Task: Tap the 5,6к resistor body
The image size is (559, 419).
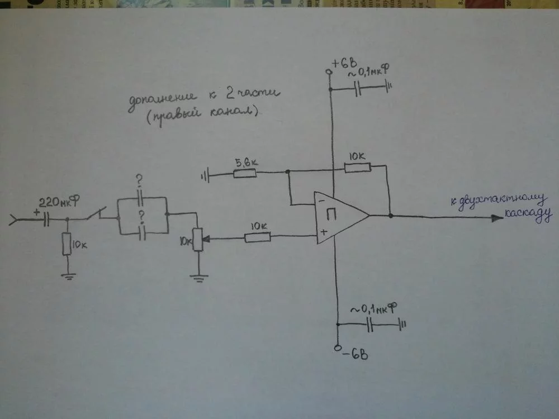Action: (244, 173)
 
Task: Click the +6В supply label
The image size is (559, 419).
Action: (343, 64)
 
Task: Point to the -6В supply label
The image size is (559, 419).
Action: (355, 353)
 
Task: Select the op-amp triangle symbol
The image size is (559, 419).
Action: (338, 216)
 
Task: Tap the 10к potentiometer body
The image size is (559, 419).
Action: (197, 239)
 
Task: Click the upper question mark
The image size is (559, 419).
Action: (139, 182)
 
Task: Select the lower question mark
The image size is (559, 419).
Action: (141, 216)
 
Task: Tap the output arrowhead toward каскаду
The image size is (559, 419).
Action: (496, 218)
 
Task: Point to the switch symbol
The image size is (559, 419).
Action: (101, 215)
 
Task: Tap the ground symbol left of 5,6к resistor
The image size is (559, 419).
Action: (205, 178)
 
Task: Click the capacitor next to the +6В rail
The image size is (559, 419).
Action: (359, 88)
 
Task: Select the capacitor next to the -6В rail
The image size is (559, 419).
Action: (369, 323)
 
